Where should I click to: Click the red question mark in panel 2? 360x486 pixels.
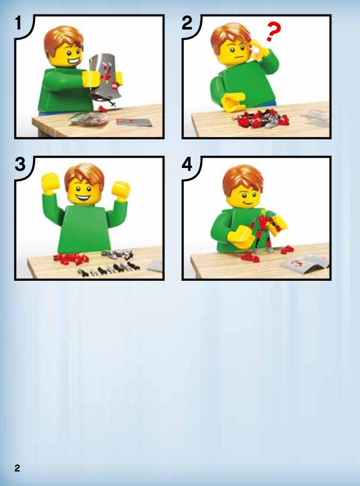pos(273,31)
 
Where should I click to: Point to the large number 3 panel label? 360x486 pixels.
pos(20,164)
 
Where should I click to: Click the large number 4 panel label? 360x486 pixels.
pos(187,164)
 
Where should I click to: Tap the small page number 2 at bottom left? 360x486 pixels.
pos(17,468)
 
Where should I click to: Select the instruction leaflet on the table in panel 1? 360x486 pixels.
pos(134,122)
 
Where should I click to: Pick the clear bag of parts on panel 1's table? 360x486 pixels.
pos(89,119)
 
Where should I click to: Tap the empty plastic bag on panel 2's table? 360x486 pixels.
pos(314,118)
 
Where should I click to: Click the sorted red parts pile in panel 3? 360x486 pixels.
pos(71,259)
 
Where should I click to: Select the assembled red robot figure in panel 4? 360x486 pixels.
pos(264,231)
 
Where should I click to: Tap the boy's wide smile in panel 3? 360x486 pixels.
pos(83,197)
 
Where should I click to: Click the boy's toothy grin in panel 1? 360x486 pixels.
pos(72,61)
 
